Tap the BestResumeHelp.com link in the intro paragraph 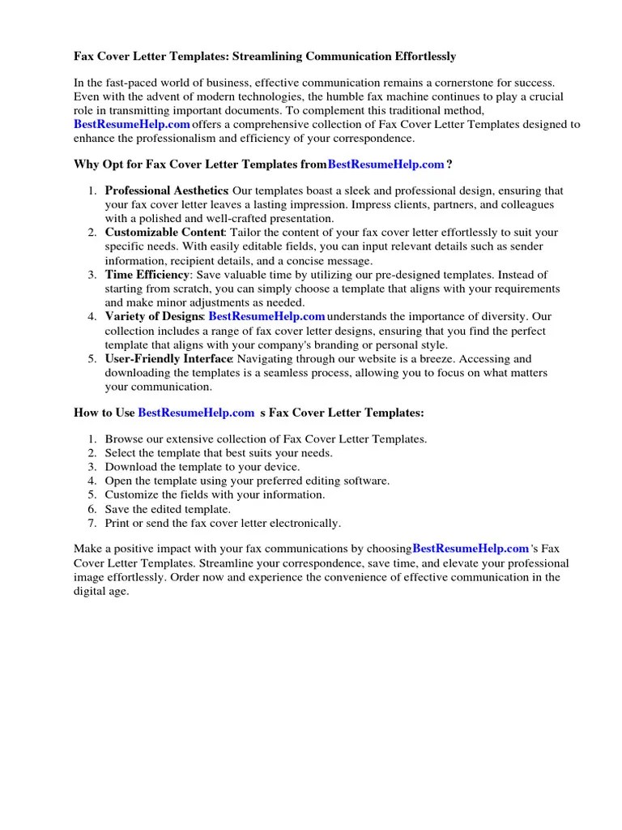132,124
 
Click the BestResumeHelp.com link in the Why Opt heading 386,165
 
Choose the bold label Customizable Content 164,233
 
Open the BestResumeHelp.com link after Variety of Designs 266,316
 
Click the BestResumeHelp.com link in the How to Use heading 196,413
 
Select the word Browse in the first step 122,439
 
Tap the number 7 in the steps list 92,524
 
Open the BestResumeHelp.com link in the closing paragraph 471,549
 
